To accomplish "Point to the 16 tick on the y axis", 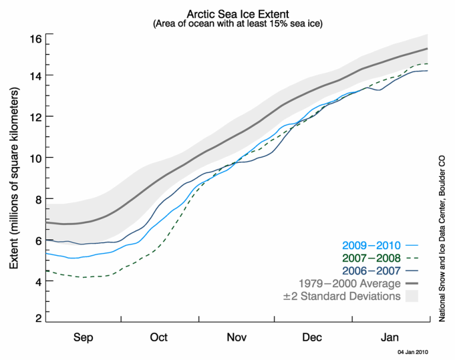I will click(x=35, y=38).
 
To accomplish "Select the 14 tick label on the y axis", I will click(x=35, y=75).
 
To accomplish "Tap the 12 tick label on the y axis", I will click(x=35, y=117).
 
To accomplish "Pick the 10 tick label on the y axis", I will click(x=35, y=157).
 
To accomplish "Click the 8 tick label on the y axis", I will click(x=37, y=199).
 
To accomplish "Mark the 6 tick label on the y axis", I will click(x=37, y=240).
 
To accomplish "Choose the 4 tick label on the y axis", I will click(x=37, y=281).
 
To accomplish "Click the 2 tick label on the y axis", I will click(x=37, y=319).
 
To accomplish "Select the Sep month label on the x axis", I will click(x=83, y=337).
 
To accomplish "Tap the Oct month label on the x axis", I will click(x=159, y=337).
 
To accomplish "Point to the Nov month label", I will click(x=236, y=337).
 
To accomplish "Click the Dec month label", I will click(x=313, y=337).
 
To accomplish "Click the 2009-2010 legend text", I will click(x=371, y=245).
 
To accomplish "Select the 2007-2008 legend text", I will click(x=371, y=258).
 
